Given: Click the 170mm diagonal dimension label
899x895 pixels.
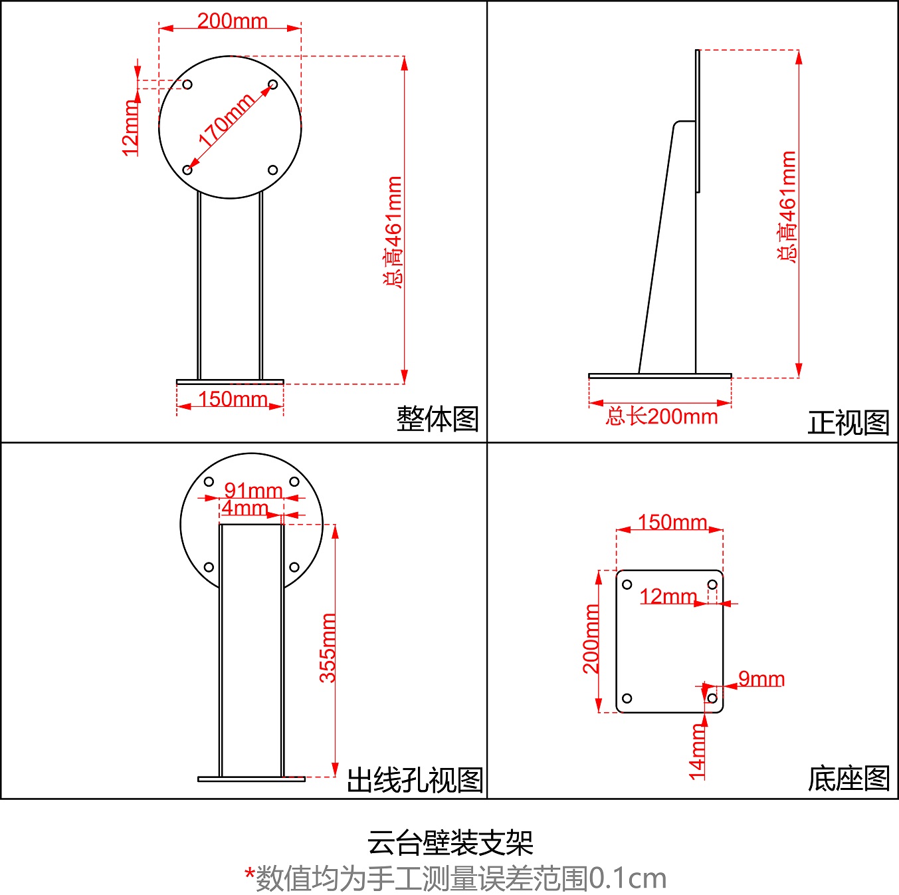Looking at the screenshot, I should [226, 120].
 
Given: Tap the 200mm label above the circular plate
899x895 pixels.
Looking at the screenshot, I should [232, 21].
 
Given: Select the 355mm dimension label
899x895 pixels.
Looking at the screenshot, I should [328, 648].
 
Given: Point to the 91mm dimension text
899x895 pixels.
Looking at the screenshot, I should [253, 491].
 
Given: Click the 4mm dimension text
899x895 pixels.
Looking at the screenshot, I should [245, 508].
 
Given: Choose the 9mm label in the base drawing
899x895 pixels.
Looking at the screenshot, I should [761, 679].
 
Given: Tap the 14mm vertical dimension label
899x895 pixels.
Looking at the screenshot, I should [697, 751].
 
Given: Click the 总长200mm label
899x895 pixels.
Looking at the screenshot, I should [662, 417].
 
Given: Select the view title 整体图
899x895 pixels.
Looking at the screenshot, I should [437, 419].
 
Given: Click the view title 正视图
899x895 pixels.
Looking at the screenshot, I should [848, 422].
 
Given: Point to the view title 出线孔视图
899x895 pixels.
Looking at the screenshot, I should [415, 780].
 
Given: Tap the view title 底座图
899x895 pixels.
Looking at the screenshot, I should [848, 779].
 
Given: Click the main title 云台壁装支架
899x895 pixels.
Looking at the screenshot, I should [450, 843].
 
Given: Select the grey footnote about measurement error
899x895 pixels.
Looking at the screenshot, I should [455, 878].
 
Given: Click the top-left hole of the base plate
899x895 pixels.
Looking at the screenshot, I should [627, 584].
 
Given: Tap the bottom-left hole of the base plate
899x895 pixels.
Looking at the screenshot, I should [627, 698].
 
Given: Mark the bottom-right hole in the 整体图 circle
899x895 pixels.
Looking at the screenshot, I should [272, 170].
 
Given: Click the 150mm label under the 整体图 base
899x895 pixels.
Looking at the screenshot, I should [233, 399].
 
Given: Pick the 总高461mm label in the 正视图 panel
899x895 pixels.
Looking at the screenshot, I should [787, 206].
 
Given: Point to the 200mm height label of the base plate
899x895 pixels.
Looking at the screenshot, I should [591, 638].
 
